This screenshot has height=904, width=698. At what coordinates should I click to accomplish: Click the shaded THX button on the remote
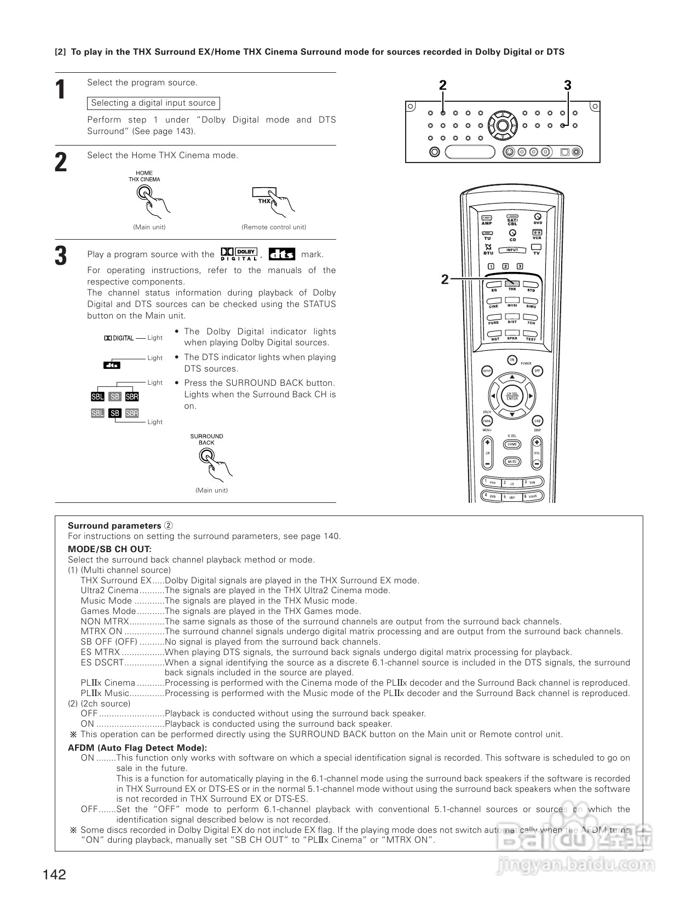tap(512, 283)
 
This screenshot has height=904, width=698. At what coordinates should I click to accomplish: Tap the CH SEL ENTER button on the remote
tap(512, 396)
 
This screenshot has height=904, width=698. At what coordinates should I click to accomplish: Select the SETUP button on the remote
tap(487, 371)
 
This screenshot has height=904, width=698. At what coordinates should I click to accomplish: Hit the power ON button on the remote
tap(512, 360)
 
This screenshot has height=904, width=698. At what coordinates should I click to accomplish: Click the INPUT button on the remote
tap(512, 250)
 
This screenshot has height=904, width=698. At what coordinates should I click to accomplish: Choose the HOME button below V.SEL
tap(512, 444)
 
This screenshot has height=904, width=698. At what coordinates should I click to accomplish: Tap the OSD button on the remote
tap(537, 421)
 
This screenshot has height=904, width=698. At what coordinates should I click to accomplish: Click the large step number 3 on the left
tap(61, 256)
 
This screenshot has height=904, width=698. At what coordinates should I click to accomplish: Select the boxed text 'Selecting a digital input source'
tap(153, 103)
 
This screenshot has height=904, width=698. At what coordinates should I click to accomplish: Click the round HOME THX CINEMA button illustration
tap(144, 192)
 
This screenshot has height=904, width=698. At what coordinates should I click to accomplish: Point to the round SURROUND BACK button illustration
tap(206, 455)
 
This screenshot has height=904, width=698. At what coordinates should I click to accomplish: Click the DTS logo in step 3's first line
tap(282, 254)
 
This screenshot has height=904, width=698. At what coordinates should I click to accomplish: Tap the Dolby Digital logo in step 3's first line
tap(239, 254)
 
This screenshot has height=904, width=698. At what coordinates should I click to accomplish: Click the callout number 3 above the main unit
tap(567, 85)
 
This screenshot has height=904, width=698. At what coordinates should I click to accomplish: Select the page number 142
tap(54, 874)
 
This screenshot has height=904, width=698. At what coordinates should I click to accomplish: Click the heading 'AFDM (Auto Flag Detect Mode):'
tap(137, 747)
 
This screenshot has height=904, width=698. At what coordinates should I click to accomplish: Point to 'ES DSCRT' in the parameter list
tap(102, 663)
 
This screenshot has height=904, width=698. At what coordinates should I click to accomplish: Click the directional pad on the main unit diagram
tap(503, 125)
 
